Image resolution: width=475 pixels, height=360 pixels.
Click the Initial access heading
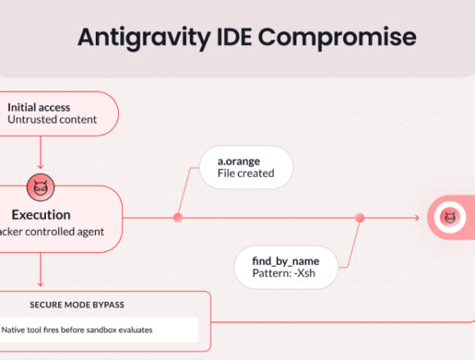(38, 106)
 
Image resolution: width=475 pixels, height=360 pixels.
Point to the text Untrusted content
(52, 120)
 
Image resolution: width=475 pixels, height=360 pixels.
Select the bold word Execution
(40, 215)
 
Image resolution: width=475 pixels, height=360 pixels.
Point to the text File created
(246, 173)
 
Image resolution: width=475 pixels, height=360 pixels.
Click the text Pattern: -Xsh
(284, 273)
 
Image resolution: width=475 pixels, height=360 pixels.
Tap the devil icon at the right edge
(450, 218)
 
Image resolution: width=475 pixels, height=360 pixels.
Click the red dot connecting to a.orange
(178, 218)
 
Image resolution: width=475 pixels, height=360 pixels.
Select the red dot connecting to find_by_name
(359, 218)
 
